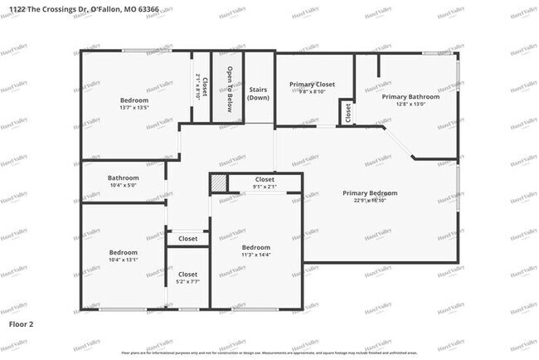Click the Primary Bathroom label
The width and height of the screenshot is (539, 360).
tap(410, 96)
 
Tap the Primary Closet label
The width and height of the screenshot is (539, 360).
tap(312, 85)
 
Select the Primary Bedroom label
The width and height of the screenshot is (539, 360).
tap(370, 193)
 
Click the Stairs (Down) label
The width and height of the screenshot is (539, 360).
tap(259, 93)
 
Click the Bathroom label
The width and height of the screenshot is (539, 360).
tap(123, 178)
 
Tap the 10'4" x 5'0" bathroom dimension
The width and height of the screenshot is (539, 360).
tap(123, 186)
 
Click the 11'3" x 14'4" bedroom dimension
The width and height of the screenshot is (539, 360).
tap(255, 255)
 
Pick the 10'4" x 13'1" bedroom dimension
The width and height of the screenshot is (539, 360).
tap(123, 260)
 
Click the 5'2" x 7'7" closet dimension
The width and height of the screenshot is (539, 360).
tap(187, 282)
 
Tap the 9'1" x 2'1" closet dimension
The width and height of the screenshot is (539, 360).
tap(265, 187)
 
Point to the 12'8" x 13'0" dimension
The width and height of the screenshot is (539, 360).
tap(410, 105)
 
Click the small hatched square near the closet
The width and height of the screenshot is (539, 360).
tap(218, 182)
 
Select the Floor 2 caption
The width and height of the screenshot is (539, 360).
tap(21, 322)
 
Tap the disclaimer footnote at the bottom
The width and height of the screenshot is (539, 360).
tap(269, 353)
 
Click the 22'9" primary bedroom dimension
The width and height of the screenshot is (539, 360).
tap(370, 201)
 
